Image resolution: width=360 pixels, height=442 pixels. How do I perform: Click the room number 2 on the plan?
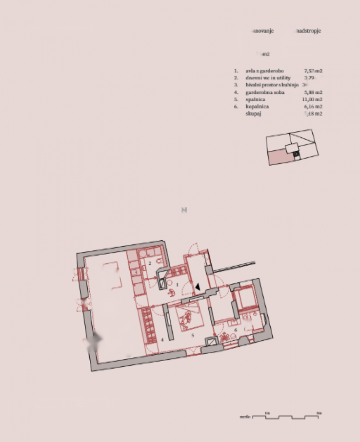click(150, 263)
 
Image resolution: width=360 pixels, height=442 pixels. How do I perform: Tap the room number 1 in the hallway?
click(177, 285)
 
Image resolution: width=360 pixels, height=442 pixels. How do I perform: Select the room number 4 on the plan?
click(162, 339)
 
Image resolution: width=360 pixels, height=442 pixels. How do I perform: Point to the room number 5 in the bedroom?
click(193, 335)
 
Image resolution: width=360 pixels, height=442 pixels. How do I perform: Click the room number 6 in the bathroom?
click(236, 330)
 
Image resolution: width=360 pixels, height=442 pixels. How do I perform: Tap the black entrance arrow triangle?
click(198, 287)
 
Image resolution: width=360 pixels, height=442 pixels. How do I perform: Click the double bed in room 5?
click(188, 316)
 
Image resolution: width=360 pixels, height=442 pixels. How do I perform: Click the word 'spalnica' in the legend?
click(255, 99)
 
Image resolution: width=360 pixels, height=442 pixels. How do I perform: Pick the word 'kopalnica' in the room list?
click(257, 106)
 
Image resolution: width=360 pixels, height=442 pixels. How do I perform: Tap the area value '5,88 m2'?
click(313, 92)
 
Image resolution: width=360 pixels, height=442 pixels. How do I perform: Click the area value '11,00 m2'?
click(312, 99)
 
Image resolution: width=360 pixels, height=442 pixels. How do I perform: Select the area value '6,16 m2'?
click(313, 106)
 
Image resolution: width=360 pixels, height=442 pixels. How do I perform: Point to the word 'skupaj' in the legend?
click(253, 114)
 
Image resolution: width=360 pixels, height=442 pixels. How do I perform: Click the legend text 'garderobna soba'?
click(265, 92)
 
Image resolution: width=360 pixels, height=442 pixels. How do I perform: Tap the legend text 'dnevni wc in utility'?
click(268, 78)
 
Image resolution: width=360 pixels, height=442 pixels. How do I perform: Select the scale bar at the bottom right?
click(285, 416)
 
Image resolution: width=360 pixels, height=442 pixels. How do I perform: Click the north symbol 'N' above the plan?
click(184, 210)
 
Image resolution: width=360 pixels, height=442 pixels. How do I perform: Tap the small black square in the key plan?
click(296, 154)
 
